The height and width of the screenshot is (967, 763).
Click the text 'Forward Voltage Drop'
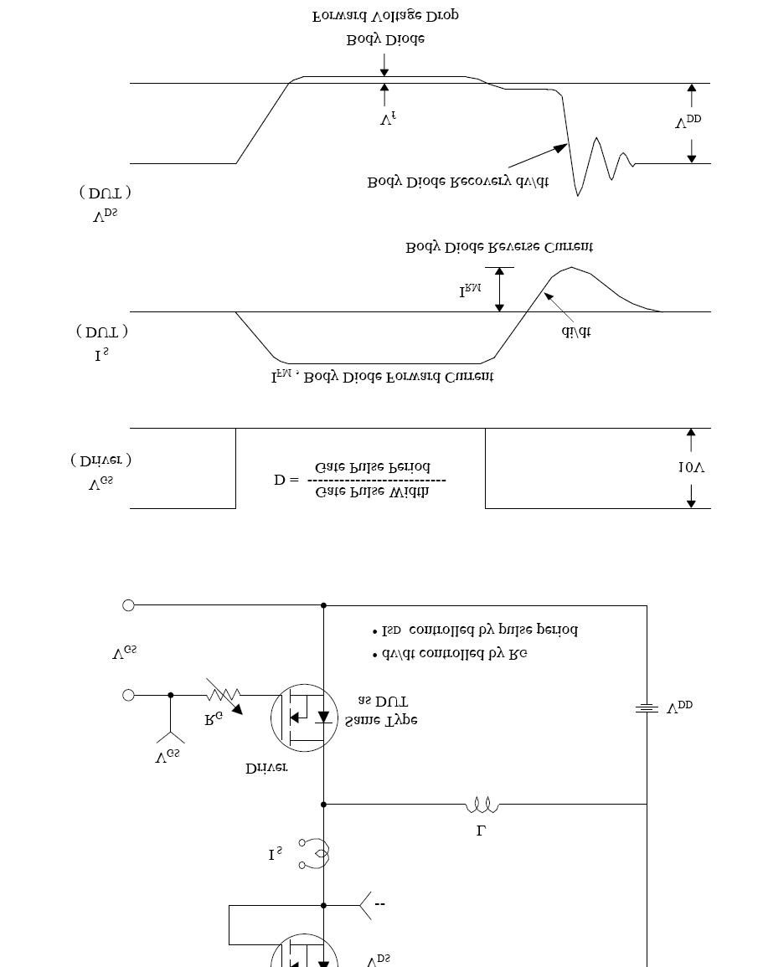tap(385, 16)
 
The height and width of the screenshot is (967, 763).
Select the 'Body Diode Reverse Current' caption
tap(500, 247)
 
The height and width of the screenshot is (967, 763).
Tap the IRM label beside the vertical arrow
tap(470, 291)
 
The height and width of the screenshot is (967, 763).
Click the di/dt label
tap(575, 331)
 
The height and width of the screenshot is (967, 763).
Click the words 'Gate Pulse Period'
tap(373, 466)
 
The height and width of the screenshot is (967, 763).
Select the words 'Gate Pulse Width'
tap(372, 492)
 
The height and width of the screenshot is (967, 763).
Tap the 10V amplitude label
tap(691, 468)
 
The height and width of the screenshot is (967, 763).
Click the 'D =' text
tap(286, 480)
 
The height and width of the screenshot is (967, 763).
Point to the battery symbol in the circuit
tap(646, 708)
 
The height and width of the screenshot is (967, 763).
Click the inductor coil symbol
tap(482, 805)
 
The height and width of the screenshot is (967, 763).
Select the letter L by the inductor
tap(482, 831)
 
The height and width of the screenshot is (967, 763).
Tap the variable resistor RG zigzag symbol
tap(224, 695)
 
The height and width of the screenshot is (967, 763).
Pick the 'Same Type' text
tap(381, 720)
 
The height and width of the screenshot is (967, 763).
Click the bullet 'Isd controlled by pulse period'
tap(475, 630)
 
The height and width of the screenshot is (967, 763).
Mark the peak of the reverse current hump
tap(572, 268)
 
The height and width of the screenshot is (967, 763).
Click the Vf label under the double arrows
tap(388, 119)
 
